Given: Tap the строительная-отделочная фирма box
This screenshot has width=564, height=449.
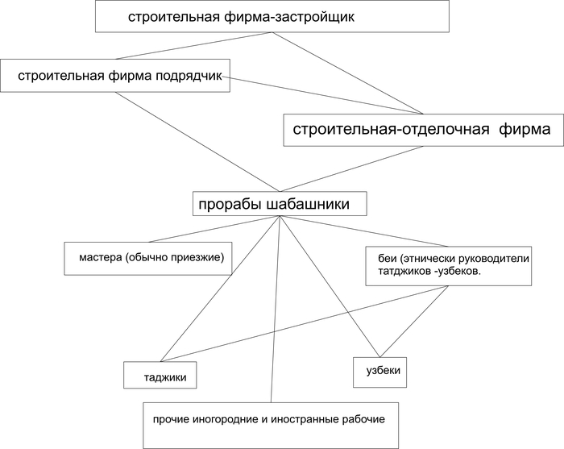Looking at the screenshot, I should [421, 129].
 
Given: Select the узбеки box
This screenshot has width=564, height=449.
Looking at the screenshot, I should [377, 371].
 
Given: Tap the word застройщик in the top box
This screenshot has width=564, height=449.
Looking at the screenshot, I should [313, 17].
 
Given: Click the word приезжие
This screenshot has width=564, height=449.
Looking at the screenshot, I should [197, 258].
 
